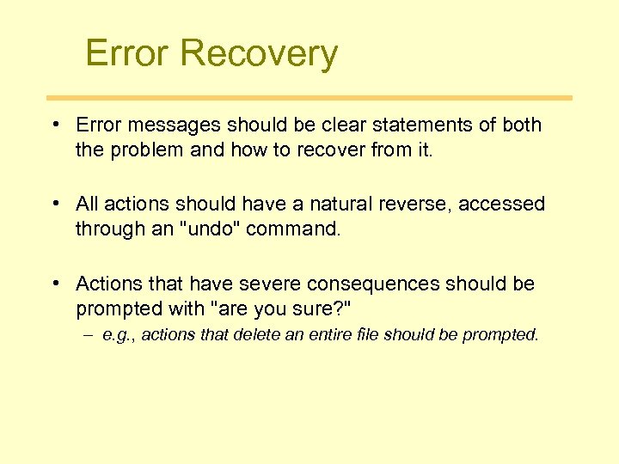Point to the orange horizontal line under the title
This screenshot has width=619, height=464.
[309, 98]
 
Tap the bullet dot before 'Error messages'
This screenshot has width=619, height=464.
[54, 125]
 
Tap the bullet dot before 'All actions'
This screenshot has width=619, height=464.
[54, 205]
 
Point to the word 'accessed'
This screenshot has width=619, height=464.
[502, 205]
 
